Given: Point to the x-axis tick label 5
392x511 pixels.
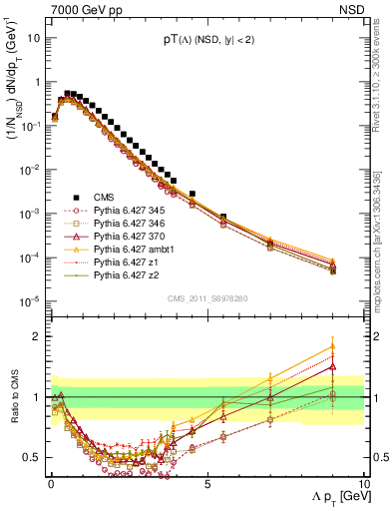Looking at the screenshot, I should pos(206,482).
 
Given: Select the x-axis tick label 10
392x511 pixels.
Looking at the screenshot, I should pos(363,482).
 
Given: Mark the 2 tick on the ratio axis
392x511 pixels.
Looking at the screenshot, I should pos(38,336).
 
